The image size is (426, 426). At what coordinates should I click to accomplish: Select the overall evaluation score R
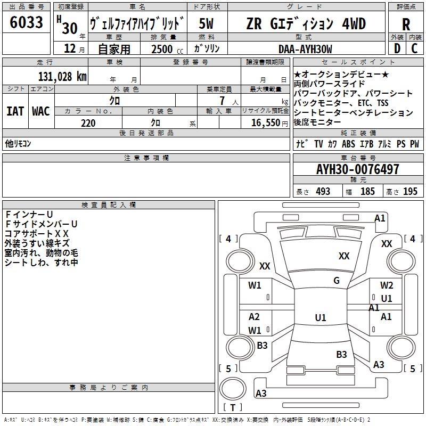click(x=406, y=24)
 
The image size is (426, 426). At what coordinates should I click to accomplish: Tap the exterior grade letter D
click(x=397, y=48)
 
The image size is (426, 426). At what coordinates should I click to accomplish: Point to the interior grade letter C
click(x=415, y=48)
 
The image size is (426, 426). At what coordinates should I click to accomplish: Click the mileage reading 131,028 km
click(x=62, y=76)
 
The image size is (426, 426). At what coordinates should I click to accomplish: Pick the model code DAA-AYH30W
click(x=305, y=49)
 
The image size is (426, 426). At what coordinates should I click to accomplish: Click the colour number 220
click(x=88, y=123)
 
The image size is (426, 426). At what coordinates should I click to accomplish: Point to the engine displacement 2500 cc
click(x=162, y=49)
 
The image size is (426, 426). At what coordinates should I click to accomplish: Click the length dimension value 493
click(x=323, y=192)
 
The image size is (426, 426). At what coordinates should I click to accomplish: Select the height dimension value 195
click(x=410, y=192)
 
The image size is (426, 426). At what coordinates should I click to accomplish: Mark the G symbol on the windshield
click(x=337, y=281)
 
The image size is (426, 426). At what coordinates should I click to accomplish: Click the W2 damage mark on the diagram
click(x=387, y=285)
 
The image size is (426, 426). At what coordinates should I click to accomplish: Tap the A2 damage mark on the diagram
click(x=254, y=317)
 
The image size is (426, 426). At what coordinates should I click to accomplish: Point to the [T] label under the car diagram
click(x=233, y=408)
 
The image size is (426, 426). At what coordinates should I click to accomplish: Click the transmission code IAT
click(x=15, y=111)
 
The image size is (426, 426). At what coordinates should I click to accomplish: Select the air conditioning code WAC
click(x=40, y=111)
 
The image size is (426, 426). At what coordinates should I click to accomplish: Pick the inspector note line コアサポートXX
click(x=37, y=233)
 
